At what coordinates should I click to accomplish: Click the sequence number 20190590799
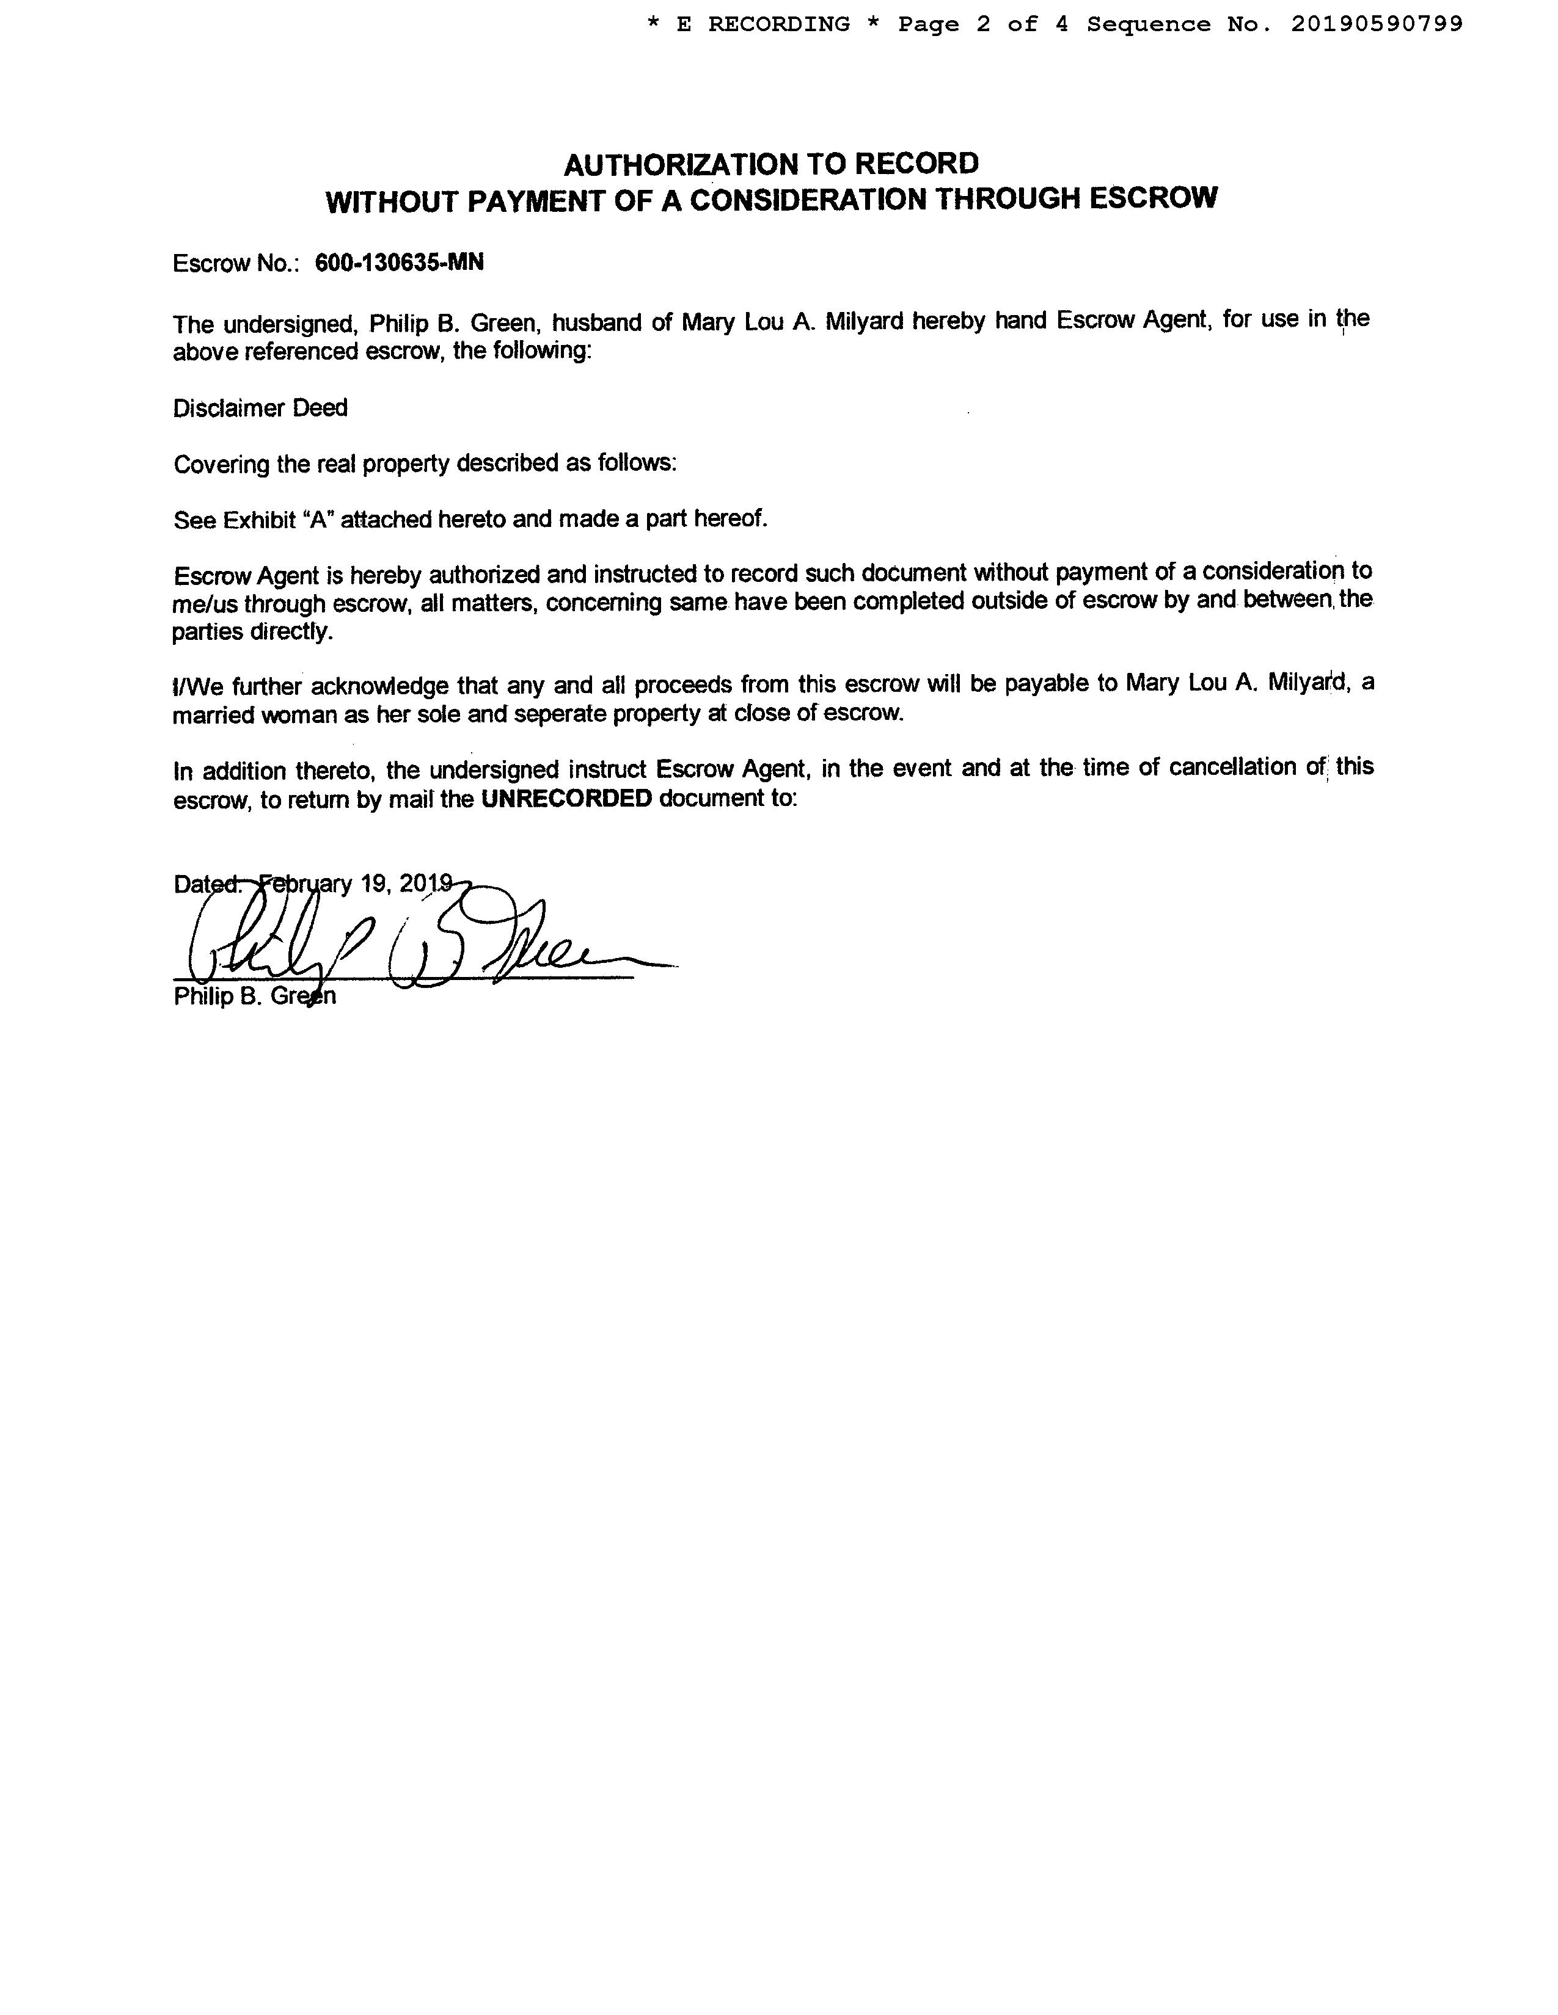(1376, 25)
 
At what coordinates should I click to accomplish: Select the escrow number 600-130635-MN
(399, 263)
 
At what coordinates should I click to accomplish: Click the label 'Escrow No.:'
(235, 264)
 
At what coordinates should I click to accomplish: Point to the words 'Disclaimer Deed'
(260, 408)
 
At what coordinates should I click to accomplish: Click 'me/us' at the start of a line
(204, 605)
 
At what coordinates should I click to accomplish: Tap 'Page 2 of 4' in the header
(983, 25)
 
